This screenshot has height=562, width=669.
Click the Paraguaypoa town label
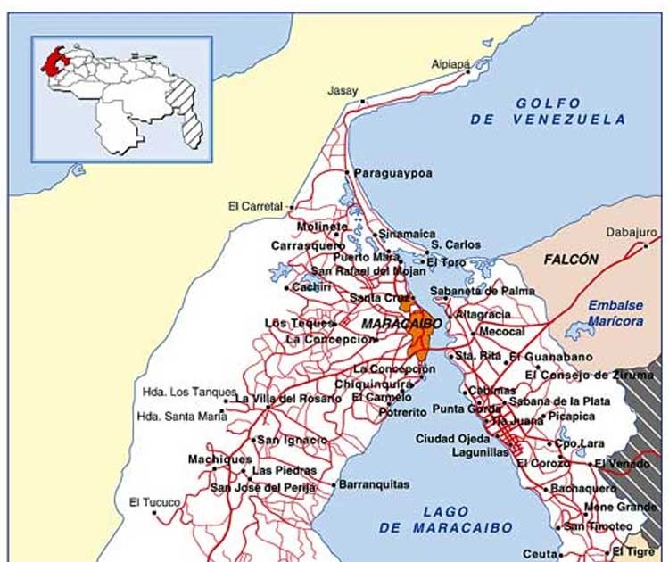coord(392,174)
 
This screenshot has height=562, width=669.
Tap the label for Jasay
coord(342,91)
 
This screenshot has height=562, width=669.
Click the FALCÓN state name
coord(571,260)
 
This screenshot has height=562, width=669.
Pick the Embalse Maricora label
coord(615,311)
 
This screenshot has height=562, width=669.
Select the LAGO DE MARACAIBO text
coord(446,519)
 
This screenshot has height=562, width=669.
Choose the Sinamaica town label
coord(407,234)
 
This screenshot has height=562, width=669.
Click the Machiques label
coord(219,459)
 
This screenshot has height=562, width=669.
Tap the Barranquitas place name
coord(374,484)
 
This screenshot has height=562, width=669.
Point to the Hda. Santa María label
coord(182,415)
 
